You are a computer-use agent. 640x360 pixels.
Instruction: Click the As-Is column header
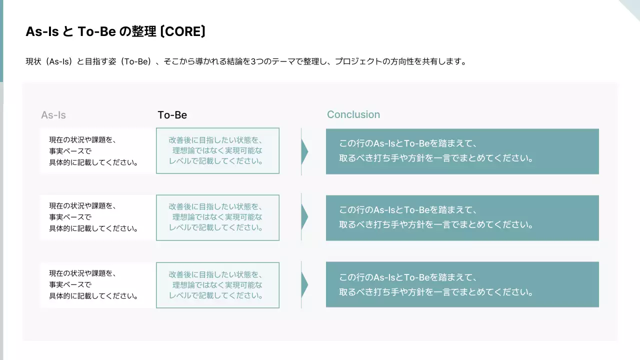[53, 115]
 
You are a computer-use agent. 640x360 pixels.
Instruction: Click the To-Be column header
[172, 115]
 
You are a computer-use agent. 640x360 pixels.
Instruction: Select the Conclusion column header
[353, 114]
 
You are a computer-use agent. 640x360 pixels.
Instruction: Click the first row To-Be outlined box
[217, 151]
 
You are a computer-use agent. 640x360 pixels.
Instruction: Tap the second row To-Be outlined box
[217, 217]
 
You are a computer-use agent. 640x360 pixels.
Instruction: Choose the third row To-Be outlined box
[217, 284]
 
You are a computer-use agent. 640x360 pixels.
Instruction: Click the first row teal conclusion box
[462, 151]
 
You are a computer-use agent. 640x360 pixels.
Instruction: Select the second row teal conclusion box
[462, 218]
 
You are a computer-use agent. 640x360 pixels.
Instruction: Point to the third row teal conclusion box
[462, 284]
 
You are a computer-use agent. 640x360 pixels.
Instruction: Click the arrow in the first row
[304, 151]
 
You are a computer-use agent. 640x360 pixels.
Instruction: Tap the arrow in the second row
[304, 217]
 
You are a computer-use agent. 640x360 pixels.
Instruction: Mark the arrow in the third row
[304, 284]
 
